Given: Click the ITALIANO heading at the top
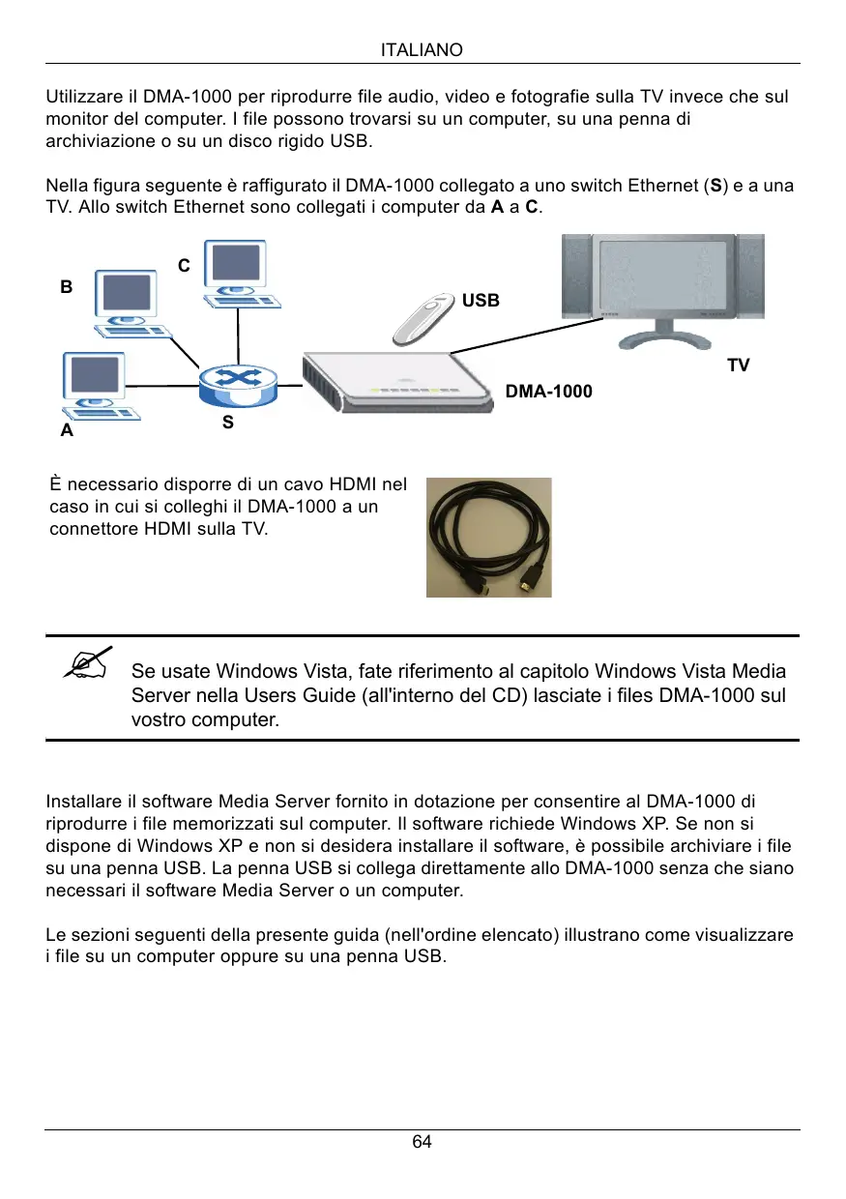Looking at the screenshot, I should click(423, 49).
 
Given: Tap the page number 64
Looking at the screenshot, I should click(423, 1142).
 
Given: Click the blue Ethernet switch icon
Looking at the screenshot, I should click(237, 386).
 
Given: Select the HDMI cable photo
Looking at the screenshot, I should click(489, 537).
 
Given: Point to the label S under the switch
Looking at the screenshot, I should click(227, 423).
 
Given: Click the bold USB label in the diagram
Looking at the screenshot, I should click(481, 301).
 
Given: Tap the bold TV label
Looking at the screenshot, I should click(738, 366).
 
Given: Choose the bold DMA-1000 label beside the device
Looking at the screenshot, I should click(549, 392).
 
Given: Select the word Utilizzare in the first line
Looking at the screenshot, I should click(84, 98).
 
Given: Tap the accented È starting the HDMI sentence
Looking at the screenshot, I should click(54, 484).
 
